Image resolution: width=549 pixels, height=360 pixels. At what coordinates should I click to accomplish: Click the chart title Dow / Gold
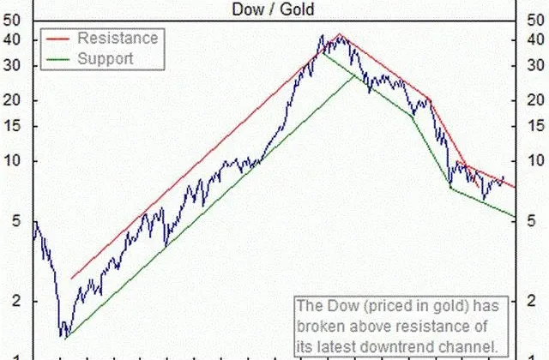point(273,9)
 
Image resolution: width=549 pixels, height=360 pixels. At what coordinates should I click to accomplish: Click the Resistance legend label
point(118,38)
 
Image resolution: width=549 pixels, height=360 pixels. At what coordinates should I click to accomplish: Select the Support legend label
point(106,58)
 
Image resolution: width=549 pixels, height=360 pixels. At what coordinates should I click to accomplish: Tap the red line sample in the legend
point(57,39)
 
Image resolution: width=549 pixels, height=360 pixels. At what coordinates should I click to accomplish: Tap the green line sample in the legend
point(57,59)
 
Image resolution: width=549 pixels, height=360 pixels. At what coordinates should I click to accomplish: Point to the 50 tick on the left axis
point(12,21)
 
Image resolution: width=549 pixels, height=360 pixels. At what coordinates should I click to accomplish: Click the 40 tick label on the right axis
point(535,39)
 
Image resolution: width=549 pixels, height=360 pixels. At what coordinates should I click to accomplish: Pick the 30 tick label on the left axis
point(12,65)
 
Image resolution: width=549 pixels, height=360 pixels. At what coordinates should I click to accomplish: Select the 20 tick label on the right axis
point(535,100)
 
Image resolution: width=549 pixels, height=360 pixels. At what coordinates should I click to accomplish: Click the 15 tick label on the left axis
point(12,126)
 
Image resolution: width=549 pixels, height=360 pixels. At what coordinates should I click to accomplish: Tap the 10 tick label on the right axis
point(535,160)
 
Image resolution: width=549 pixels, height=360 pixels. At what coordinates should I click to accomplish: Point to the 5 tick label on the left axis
point(16,221)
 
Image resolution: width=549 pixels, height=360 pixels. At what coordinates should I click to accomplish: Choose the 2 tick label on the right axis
point(531,301)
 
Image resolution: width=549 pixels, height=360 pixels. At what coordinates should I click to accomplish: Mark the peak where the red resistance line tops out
point(339,33)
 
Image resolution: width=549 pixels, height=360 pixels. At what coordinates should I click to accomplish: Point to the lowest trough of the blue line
point(65,339)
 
